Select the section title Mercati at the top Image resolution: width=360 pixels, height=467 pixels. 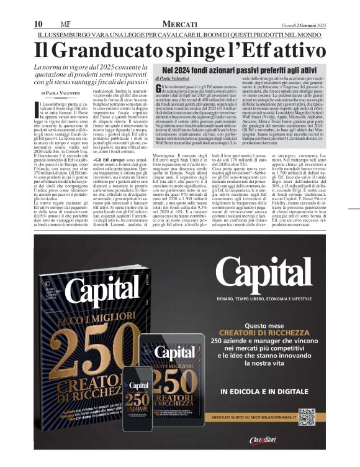[x=180, y=23]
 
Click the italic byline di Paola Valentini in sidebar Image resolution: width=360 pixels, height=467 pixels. [x=172, y=78]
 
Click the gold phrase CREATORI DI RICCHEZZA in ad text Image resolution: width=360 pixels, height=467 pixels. [x=272, y=333]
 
